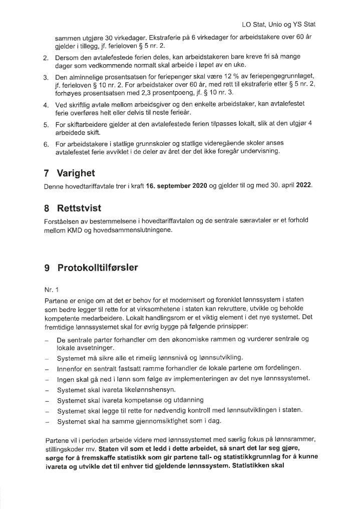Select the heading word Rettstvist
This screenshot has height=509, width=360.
click(x=79, y=208)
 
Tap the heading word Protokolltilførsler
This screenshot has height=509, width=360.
click(x=98, y=268)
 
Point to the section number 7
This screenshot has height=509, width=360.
click(x=48, y=173)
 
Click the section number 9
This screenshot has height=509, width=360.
click(x=48, y=268)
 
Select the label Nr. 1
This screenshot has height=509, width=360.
click(x=52, y=290)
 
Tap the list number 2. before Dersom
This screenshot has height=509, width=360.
click(x=46, y=58)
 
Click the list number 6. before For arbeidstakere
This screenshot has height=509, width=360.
click(x=46, y=145)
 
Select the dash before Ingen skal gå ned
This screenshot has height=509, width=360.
click(x=46, y=378)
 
